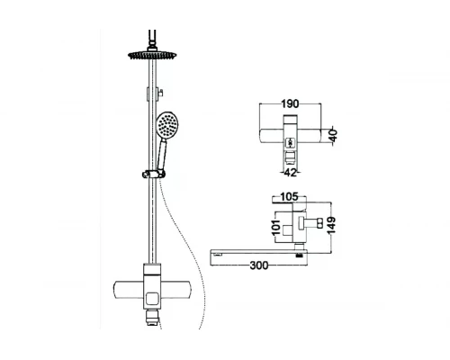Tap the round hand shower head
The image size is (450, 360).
168,125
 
